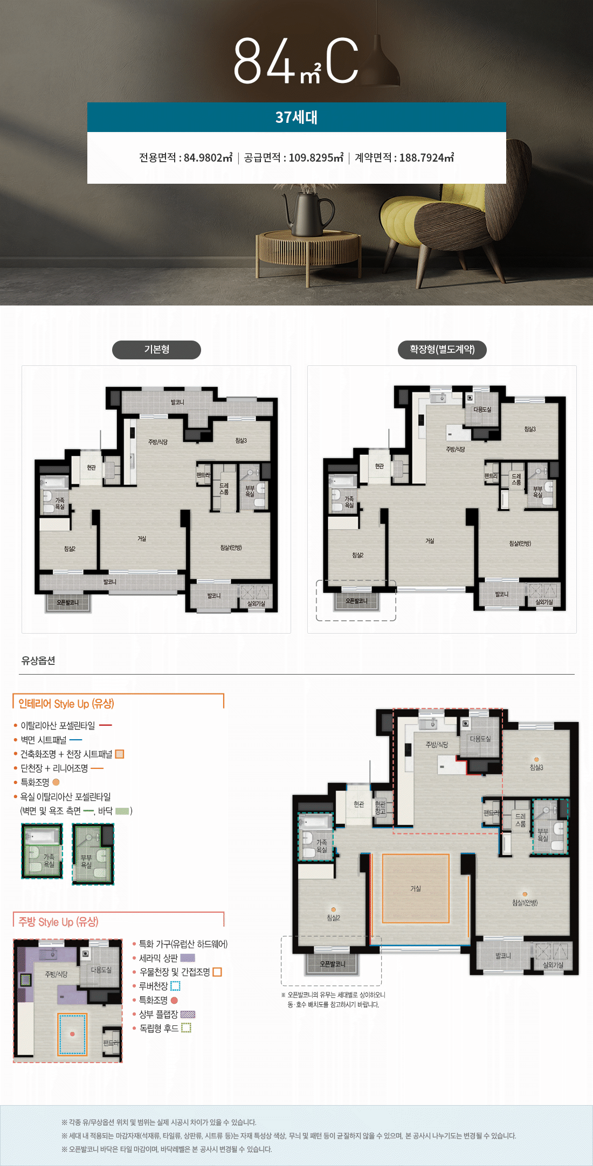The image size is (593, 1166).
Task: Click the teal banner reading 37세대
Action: coord(296,117)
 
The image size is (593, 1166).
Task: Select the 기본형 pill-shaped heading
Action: coord(156,350)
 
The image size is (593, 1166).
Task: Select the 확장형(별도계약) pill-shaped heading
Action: coord(442,350)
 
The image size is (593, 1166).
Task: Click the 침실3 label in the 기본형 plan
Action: coord(241,440)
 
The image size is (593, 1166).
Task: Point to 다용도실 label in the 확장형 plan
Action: coord(482,410)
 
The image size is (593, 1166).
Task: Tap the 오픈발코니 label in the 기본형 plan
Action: coord(67,602)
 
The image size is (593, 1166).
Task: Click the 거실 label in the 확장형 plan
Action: coord(430,540)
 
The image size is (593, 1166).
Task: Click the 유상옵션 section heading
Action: coord(38,661)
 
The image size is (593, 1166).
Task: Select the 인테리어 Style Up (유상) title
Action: coord(66,704)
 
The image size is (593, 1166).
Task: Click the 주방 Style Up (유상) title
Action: coord(58,922)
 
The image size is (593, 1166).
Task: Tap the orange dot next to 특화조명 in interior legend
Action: coord(56,782)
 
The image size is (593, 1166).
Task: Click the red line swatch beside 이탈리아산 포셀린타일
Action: coord(106,725)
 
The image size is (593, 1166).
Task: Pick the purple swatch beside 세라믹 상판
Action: coord(187,958)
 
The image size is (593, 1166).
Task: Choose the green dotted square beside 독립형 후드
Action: coord(186,1028)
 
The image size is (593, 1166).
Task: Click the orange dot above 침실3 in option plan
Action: coord(536,760)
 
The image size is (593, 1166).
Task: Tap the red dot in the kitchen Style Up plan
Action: coord(72,1034)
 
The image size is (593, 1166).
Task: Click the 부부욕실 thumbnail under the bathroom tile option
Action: coord(93,854)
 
